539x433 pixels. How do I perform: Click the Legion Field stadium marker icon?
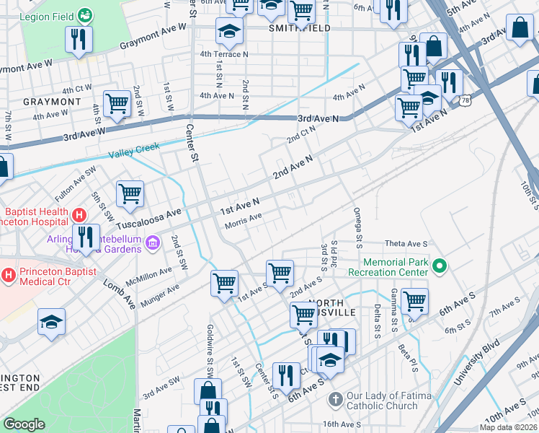point(85,14)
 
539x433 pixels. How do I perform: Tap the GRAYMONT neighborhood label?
point(52,102)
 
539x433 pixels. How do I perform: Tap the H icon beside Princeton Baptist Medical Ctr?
point(9,274)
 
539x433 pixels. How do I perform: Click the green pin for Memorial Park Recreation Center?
point(440,267)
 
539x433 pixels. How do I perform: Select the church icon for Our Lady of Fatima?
point(334,399)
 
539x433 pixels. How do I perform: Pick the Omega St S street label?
point(357,219)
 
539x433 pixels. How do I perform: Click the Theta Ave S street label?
point(406,244)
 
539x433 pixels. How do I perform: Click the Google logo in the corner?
point(24,424)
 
